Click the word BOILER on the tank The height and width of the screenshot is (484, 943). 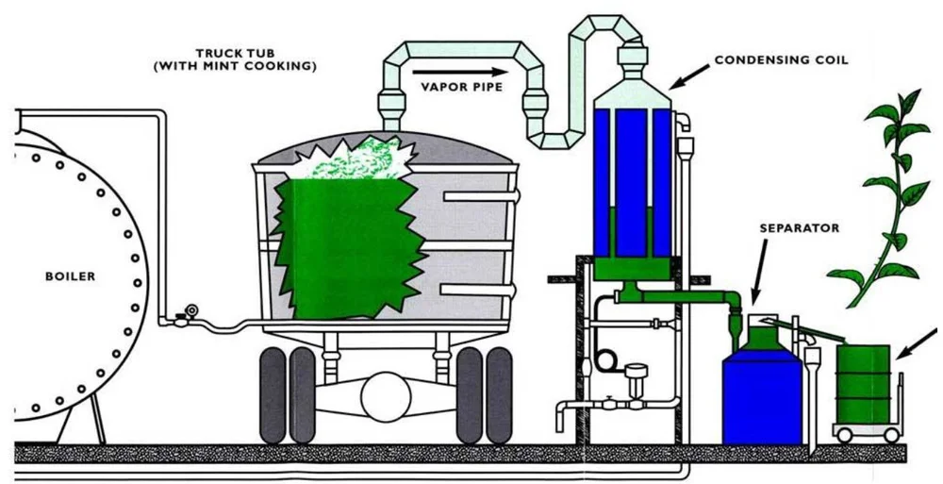point(71,277)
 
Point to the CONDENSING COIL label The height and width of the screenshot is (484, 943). point(781,59)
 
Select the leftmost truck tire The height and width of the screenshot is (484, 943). point(273,394)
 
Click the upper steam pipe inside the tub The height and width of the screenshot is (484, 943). point(480,197)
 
